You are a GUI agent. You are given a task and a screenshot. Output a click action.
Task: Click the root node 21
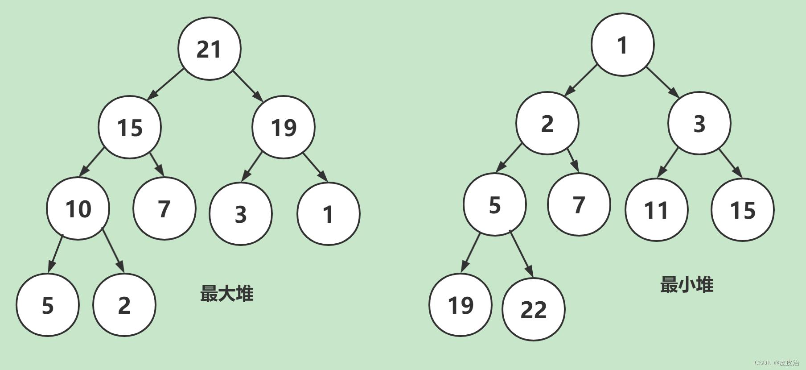(209, 49)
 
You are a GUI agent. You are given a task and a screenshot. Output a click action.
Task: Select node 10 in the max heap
(78, 208)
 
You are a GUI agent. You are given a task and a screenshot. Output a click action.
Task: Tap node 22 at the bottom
(533, 309)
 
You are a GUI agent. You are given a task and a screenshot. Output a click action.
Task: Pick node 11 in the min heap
(656, 210)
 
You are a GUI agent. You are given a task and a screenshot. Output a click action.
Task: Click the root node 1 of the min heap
(622, 45)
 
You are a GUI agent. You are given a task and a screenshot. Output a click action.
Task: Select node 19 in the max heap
(284, 127)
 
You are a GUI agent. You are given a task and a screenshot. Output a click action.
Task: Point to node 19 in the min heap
(461, 305)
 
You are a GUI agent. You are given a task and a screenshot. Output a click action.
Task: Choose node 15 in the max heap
(130, 127)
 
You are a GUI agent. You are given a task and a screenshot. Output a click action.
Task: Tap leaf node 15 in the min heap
(742, 210)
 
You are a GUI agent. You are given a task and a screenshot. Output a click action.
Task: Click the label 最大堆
(226, 294)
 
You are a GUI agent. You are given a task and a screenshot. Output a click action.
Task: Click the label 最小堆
(687, 285)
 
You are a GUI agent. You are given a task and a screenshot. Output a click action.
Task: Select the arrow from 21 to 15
(165, 84)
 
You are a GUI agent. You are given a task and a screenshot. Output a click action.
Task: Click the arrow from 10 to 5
(55, 254)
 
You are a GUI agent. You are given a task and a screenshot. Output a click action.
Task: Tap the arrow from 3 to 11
(668, 162)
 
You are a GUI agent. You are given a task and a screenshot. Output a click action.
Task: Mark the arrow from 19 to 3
(252, 167)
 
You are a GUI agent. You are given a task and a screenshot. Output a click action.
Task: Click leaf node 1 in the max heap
(328, 214)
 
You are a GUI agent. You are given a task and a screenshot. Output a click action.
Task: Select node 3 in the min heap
(699, 123)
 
